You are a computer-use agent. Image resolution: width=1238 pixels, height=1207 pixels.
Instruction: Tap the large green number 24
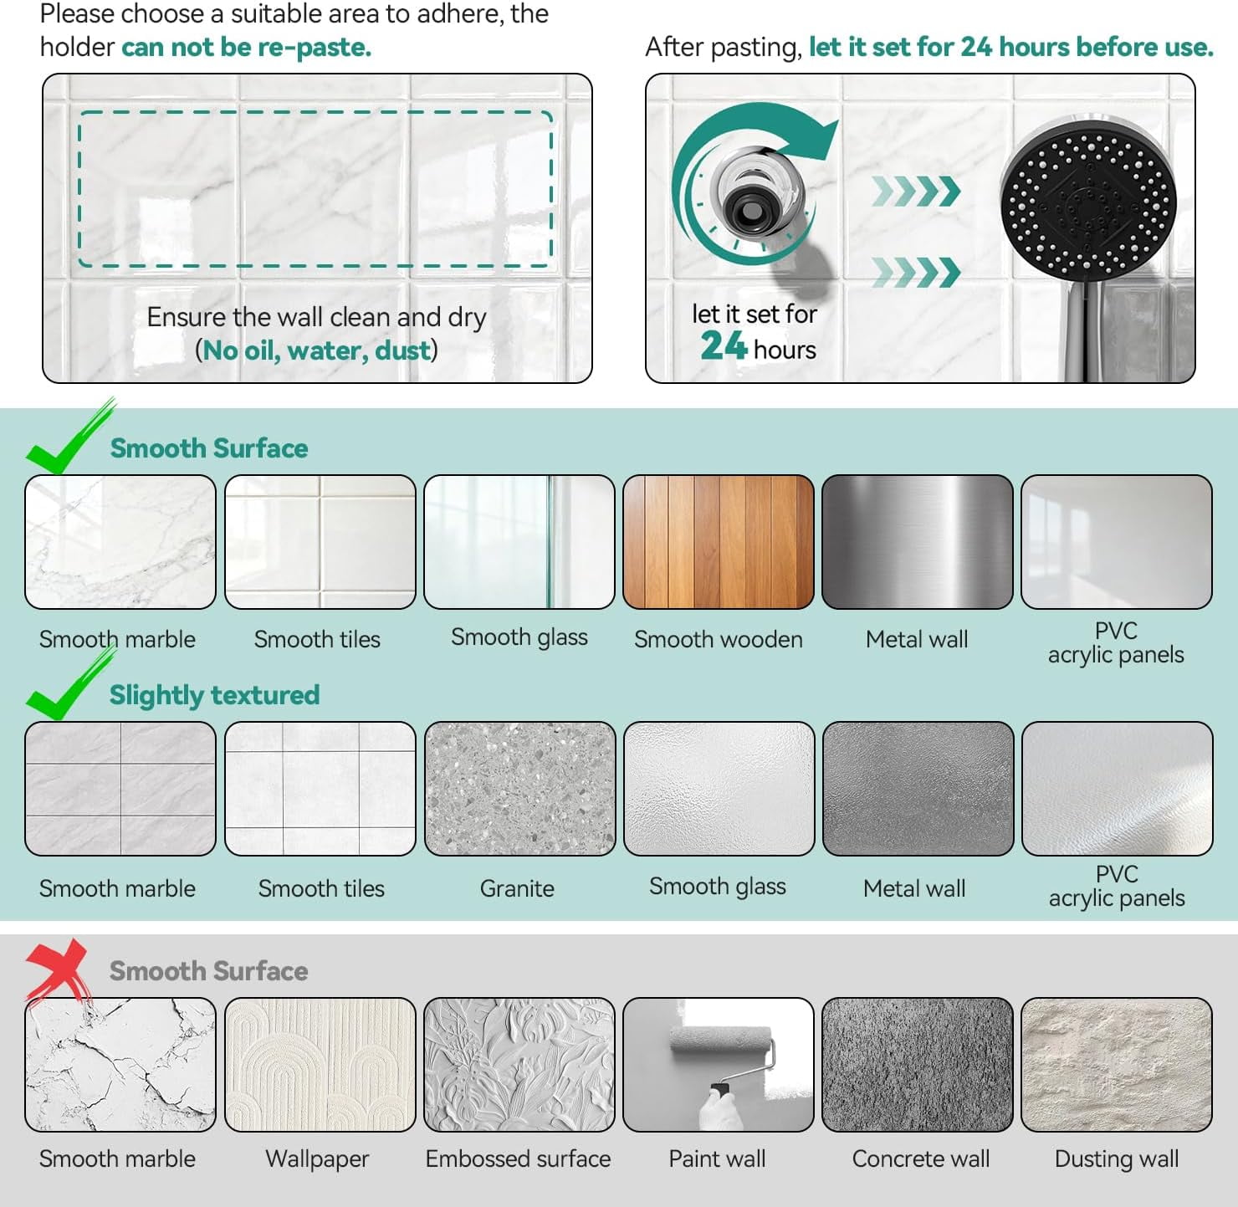tap(724, 346)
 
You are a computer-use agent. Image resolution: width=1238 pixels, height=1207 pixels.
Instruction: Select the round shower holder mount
tap(757, 196)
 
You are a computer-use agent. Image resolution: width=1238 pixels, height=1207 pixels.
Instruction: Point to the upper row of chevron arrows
tap(915, 191)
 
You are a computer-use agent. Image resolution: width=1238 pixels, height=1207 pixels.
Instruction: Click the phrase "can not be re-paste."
tap(246, 47)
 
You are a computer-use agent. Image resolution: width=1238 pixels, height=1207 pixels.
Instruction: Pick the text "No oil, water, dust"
tap(316, 350)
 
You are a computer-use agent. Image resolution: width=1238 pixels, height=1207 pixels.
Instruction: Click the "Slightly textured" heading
tap(214, 695)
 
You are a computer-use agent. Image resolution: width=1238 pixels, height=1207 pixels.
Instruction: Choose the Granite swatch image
tap(519, 788)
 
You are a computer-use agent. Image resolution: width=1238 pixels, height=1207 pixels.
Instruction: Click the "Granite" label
tap(517, 888)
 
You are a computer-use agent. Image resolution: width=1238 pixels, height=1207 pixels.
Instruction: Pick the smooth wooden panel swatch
tap(719, 542)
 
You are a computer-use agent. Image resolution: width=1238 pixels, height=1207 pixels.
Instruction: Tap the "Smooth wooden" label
tap(719, 639)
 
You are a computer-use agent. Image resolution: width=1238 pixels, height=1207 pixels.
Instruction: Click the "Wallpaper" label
tap(317, 1159)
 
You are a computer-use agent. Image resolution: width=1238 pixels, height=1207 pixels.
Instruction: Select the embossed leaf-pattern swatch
tap(519, 1065)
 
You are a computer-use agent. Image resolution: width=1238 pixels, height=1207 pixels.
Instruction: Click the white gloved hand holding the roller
tap(720, 1109)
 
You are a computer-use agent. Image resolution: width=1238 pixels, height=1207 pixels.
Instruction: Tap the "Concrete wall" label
tap(920, 1158)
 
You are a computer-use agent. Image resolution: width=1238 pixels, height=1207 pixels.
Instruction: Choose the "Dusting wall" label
tap(1117, 1159)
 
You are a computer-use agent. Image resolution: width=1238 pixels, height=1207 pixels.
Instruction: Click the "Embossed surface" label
tap(518, 1158)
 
